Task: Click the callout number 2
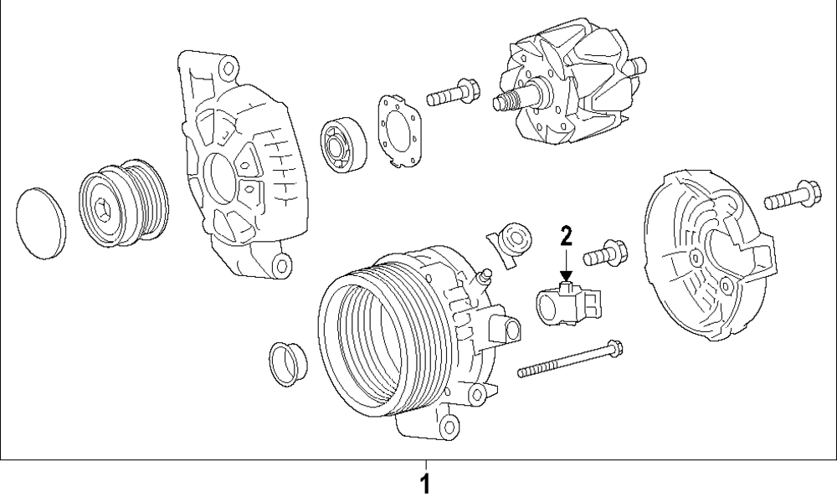(x=566, y=235)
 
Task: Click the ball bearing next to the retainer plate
(x=341, y=143)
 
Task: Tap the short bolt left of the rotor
(x=451, y=93)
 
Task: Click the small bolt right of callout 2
(x=603, y=252)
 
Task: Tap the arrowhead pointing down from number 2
(x=566, y=274)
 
